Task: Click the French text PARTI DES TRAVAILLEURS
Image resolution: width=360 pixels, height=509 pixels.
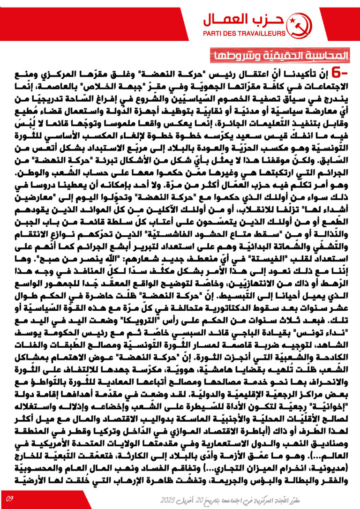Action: [x=244, y=34]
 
